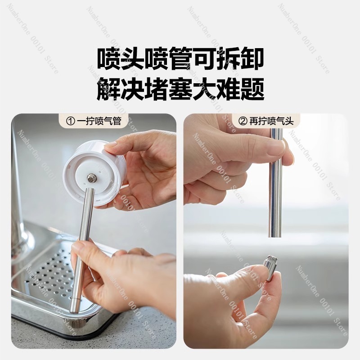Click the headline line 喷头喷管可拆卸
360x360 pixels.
180,59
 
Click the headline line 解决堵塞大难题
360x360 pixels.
180,89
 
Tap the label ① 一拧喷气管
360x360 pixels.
94,121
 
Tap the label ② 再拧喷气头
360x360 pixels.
266,121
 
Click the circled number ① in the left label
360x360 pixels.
70,121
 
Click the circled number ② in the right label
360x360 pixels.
243,121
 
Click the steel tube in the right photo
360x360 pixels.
275,183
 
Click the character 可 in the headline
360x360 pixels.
204,59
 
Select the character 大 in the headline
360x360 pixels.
204,89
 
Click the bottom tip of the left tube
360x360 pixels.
75,311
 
